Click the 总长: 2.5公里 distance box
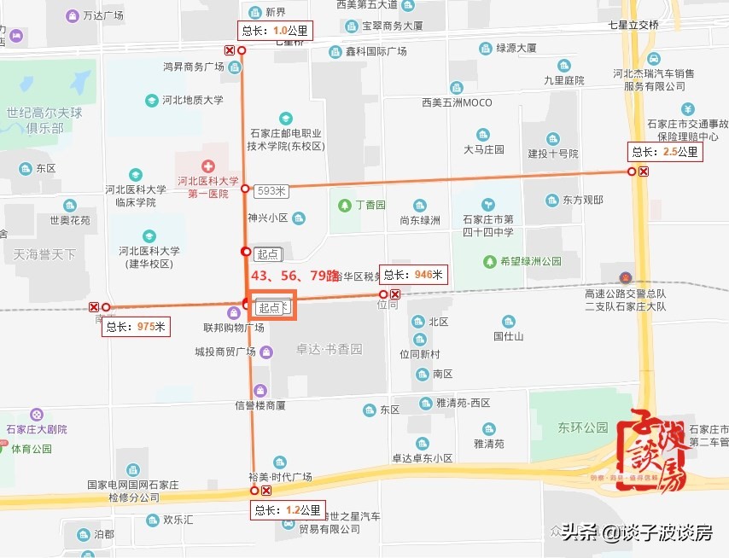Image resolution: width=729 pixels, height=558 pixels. coord(665,153)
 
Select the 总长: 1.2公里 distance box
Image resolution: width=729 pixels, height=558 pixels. coord(289,511)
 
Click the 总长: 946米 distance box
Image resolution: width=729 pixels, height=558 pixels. coord(414,275)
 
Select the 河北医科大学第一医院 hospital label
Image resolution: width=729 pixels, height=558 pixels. coord(207,187)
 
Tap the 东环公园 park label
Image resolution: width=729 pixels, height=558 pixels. coord(583,427)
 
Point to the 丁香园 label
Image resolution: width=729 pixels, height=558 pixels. coord(370,206)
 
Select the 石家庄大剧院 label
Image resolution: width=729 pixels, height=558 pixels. coord(36,429)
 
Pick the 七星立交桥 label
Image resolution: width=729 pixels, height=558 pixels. coord(633,25)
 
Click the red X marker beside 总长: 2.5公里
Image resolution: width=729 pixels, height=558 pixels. coord(644,171)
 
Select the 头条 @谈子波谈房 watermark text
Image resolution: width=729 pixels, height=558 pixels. coord(636,533)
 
